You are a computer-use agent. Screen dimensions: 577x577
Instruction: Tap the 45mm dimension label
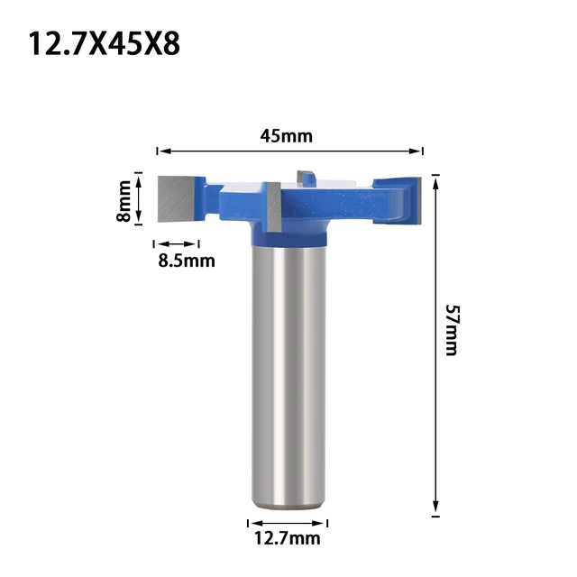(286, 136)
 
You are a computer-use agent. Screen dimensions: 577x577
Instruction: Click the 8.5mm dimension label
(187, 261)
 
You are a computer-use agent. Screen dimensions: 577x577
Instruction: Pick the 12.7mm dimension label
(287, 539)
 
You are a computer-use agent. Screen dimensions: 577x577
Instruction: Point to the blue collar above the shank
(287, 235)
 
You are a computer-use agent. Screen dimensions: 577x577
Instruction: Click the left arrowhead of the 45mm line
(161, 151)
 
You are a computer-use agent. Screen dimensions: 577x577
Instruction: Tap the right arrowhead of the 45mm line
(417, 151)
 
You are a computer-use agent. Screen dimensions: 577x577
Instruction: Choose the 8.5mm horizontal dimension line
(177, 243)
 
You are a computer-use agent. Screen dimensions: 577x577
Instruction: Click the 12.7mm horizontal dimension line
(287, 522)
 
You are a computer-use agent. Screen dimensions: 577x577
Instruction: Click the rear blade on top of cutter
(305, 177)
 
